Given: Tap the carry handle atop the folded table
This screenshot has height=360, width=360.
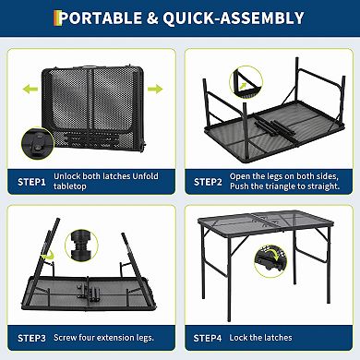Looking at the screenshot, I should tap(91, 41).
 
